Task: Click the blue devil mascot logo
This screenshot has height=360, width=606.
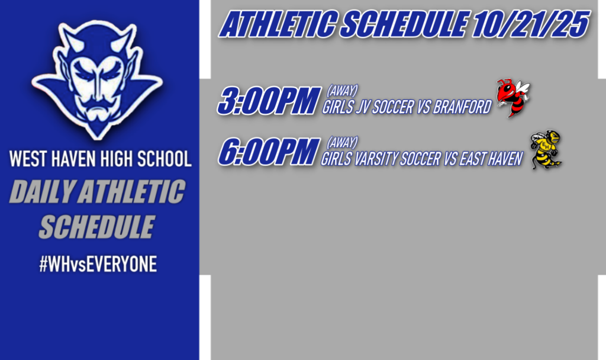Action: (98, 80)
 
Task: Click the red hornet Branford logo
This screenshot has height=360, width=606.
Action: (512, 98)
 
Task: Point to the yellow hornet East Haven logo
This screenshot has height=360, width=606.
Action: (546, 150)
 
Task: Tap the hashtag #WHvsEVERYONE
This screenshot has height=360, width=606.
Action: (98, 265)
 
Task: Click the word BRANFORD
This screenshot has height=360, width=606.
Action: (462, 108)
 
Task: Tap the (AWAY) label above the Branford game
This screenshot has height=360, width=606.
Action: (342, 91)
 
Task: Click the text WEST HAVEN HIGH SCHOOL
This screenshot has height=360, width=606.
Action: (100, 159)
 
